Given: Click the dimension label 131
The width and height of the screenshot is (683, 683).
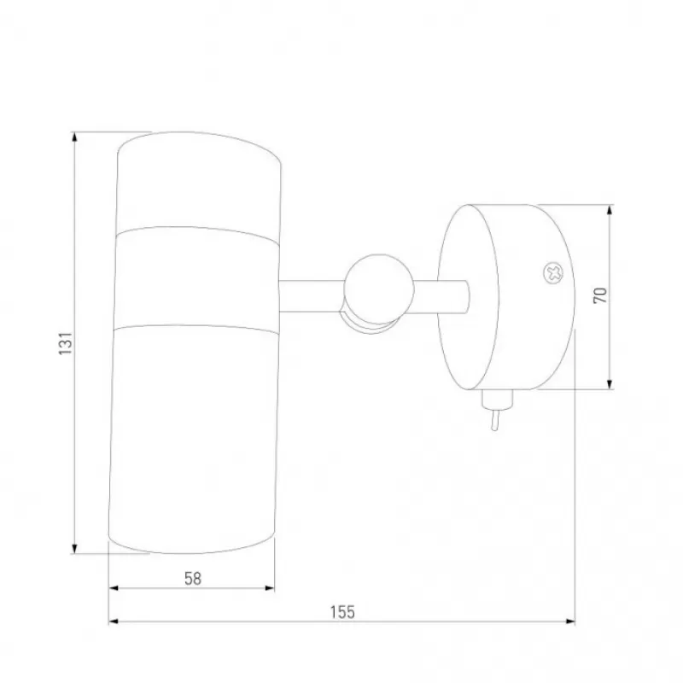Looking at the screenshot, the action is pos(66,343).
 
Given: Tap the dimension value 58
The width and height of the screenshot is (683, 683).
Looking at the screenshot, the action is pos(193,579).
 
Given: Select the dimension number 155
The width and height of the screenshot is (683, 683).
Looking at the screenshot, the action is pos(342,612).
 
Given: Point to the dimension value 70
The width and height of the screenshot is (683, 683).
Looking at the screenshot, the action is pos(600,295).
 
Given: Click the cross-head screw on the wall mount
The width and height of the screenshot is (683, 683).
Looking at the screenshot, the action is pos(553,273).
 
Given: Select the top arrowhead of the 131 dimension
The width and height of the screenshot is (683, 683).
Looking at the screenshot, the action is pos(75,137).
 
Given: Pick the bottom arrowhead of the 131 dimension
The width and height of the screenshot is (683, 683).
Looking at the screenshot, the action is pos(75,548).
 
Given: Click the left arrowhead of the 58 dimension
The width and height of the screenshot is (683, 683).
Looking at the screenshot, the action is pos(114,588).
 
